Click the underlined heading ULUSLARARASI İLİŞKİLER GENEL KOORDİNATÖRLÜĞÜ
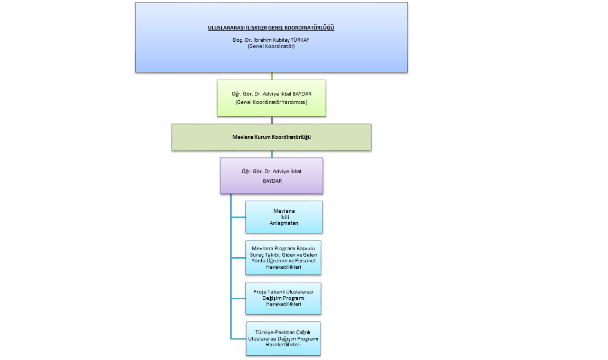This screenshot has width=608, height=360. pyautogui.click(x=271, y=27)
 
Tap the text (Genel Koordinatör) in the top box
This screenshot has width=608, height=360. pyautogui.click(x=271, y=46)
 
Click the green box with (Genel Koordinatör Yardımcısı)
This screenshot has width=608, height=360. pyautogui.click(x=271, y=98)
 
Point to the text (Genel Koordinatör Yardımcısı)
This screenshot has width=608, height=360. pyautogui.click(x=271, y=102)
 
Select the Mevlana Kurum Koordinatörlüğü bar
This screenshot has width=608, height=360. pyautogui.click(x=271, y=137)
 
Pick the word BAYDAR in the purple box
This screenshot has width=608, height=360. pyautogui.click(x=271, y=181)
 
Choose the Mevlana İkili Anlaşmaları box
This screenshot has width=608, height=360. pyautogui.click(x=284, y=217)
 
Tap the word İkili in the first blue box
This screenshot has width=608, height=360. pyautogui.click(x=284, y=217)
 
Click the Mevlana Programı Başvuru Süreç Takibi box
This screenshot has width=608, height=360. pyautogui.click(x=284, y=258)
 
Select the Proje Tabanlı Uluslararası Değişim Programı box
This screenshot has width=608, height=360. pyautogui.click(x=284, y=298)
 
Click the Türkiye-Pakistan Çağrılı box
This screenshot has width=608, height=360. pyautogui.click(x=284, y=338)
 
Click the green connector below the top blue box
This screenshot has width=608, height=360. pyautogui.click(x=272, y=76)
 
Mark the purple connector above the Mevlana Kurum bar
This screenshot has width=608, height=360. pyautogui.click(x=272, y=120)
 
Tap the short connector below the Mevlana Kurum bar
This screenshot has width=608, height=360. pyautogui.click(x=272, y=155)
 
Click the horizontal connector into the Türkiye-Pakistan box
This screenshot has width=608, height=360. pyautogui.click(x=238, y=338)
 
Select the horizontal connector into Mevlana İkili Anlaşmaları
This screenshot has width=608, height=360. pyautogui.click(x=238, y=217)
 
